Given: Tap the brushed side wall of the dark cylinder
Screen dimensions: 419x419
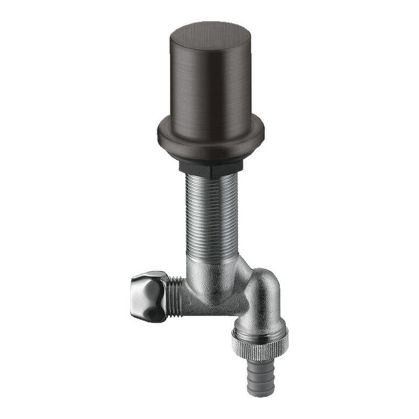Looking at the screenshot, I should click(210, 79).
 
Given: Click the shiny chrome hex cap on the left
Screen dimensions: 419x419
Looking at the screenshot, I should click(149, 296).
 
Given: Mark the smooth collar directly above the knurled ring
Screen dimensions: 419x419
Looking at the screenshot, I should click(260, 328).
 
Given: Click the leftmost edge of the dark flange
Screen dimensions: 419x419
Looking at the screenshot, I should click(158, 131).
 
